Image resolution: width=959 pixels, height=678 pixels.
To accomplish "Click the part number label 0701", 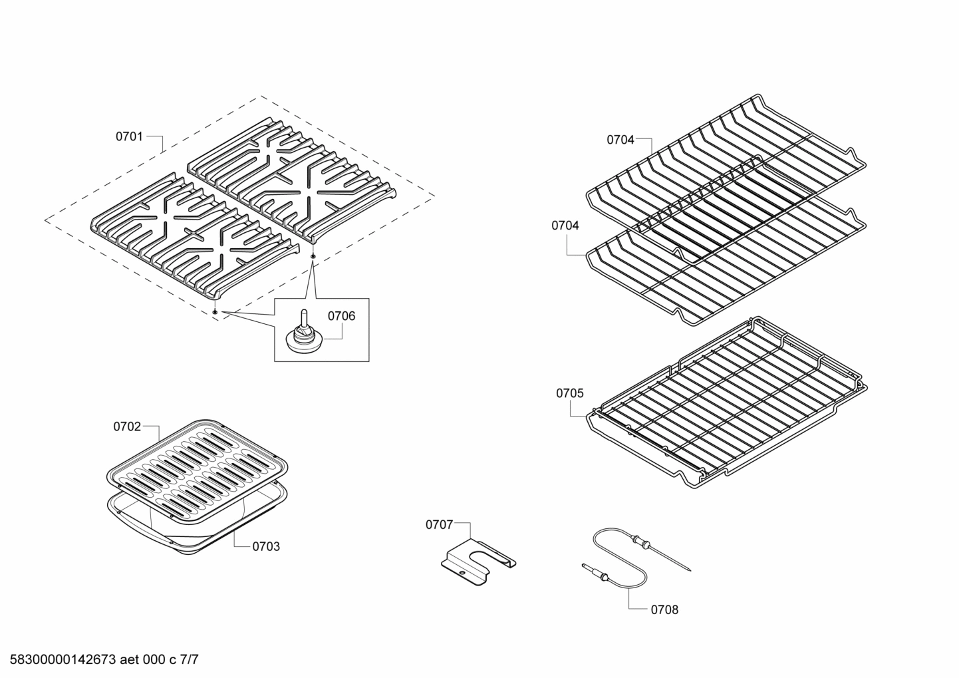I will point(129,136).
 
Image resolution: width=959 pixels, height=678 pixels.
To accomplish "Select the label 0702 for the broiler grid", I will point(126,426).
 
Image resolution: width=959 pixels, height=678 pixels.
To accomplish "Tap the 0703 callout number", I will point(266,546).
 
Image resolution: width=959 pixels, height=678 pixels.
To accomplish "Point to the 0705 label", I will point(569,393).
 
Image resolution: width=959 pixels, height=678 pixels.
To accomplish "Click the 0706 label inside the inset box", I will point(341,316).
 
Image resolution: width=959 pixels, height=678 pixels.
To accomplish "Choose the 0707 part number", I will point(439,524).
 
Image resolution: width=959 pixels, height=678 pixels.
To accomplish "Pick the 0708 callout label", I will point(664,609).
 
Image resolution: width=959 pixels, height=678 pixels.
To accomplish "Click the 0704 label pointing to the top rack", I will point(620,140).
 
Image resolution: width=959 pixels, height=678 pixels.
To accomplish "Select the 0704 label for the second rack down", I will point(565,226).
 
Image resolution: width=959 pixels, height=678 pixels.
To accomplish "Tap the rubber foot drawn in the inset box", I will point(303,336).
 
